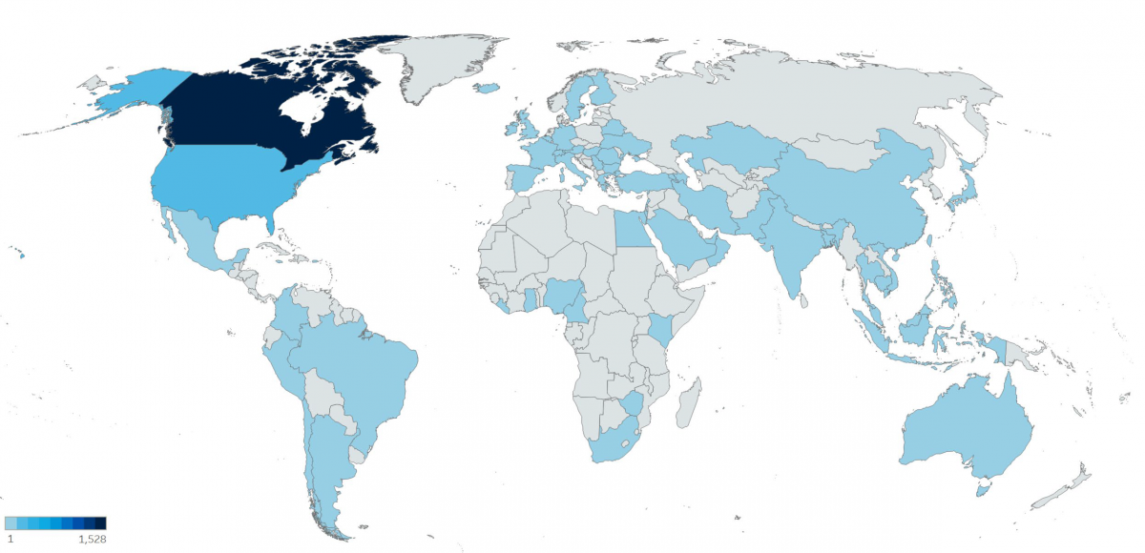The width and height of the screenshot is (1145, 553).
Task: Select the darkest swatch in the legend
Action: pyautogui.click(x=100, y=522)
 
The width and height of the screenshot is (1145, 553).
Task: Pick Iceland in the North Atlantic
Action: pyautogui.click(x=487, y=89)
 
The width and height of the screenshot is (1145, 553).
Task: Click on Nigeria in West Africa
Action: pyautogui.click(x=563, y=296)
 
